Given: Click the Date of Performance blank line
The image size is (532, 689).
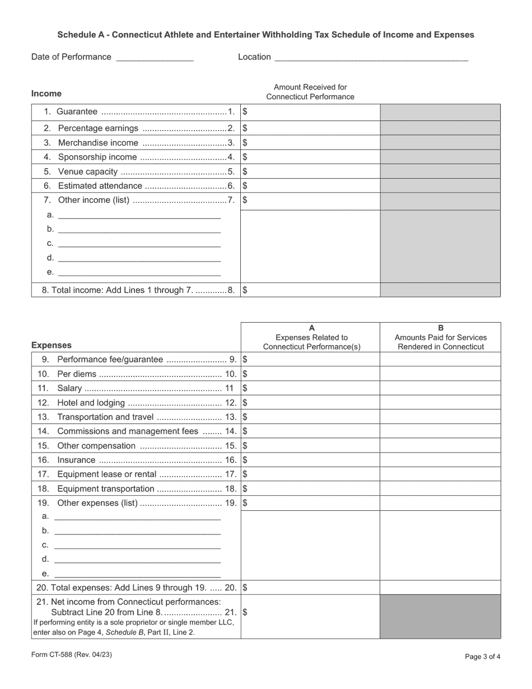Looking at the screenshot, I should click(155, 58).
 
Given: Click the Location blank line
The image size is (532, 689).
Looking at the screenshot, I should click(371, 58).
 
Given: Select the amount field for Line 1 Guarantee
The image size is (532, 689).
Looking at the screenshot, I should click(311, 112).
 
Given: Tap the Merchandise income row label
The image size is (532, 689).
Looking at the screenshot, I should click(98, 143).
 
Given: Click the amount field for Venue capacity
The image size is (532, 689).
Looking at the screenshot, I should click(311, 172).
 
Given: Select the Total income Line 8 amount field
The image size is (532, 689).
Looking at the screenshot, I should click(311, 290).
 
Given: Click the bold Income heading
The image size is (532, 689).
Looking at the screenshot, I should click(46, 94).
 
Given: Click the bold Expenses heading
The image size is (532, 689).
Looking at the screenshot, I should click(52, 345).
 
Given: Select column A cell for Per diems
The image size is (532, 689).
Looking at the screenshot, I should click(311, 374).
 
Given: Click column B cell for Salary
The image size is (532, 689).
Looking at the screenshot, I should click(441, 388).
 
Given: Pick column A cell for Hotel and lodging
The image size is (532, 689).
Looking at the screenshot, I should click(311, 403).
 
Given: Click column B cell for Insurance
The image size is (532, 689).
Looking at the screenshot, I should click(441, 460).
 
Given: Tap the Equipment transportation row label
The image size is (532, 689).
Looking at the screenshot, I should click(105, 489).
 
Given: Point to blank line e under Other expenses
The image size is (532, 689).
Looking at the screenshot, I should click(137, 574).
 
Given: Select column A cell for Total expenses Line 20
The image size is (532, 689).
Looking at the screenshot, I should click(311, 588).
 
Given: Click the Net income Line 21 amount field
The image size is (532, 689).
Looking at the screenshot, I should click(311, 613).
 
